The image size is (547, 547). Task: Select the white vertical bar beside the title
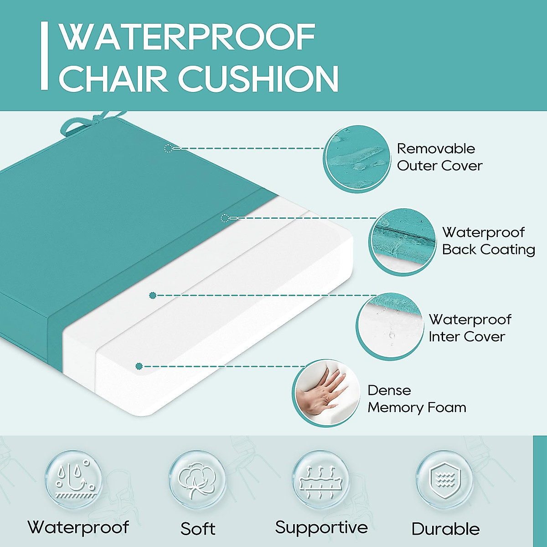44,56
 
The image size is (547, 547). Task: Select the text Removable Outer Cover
439,157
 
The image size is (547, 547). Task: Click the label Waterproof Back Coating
488,241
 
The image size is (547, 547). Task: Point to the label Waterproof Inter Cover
470,328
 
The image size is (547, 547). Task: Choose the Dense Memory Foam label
416,399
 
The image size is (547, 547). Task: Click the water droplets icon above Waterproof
73,479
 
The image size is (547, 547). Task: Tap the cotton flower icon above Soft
197,479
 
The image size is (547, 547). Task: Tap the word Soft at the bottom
198,529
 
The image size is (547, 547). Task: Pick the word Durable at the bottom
445,529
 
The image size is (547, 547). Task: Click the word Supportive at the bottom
321,527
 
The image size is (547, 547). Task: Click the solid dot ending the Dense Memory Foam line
139,366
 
